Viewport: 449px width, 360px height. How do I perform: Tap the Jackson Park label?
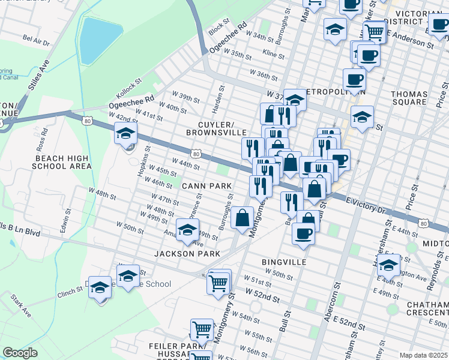pyautogui.click(x=187, y=254)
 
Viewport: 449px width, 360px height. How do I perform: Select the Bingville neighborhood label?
pyautogui.click(x=285, y=262)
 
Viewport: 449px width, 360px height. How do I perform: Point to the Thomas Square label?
pyautogui.click(x=409, y=100)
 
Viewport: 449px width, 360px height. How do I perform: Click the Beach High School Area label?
pyautogui.click(x=62, y=162)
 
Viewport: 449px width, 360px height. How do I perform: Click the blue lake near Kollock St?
pyautogui.click(x=94, y=40)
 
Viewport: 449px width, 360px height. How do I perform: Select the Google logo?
pyautogui.click(x=20, y=353)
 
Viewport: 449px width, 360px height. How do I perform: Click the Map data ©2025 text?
pyautogui.click(x=424, y=355)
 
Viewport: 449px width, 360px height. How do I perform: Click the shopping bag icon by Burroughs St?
pyautogui.click(x=243, y=218)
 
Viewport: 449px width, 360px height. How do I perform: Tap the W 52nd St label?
pyautogui.click(x=262, y=295)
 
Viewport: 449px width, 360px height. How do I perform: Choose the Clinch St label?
pyautogui.click(x=71, y=290)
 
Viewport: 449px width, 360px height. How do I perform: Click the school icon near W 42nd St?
pyautogui.click(x=126, y=134)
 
